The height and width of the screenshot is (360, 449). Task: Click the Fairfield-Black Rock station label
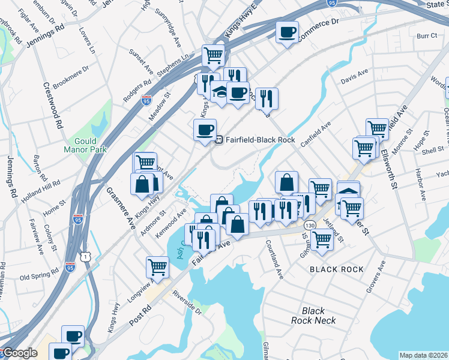(x=260, y=140)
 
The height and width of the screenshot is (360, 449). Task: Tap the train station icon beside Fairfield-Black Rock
(x=220, y=140)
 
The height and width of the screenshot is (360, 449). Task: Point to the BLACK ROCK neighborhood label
(x=337, y=269)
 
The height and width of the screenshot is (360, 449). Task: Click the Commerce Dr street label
(x=319, y=27)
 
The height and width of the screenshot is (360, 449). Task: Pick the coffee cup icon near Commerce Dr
(x=287, y=31)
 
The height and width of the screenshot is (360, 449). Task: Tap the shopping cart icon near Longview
(x=157, y=266)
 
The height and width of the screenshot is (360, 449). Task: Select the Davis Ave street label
(x=354, y=74)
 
